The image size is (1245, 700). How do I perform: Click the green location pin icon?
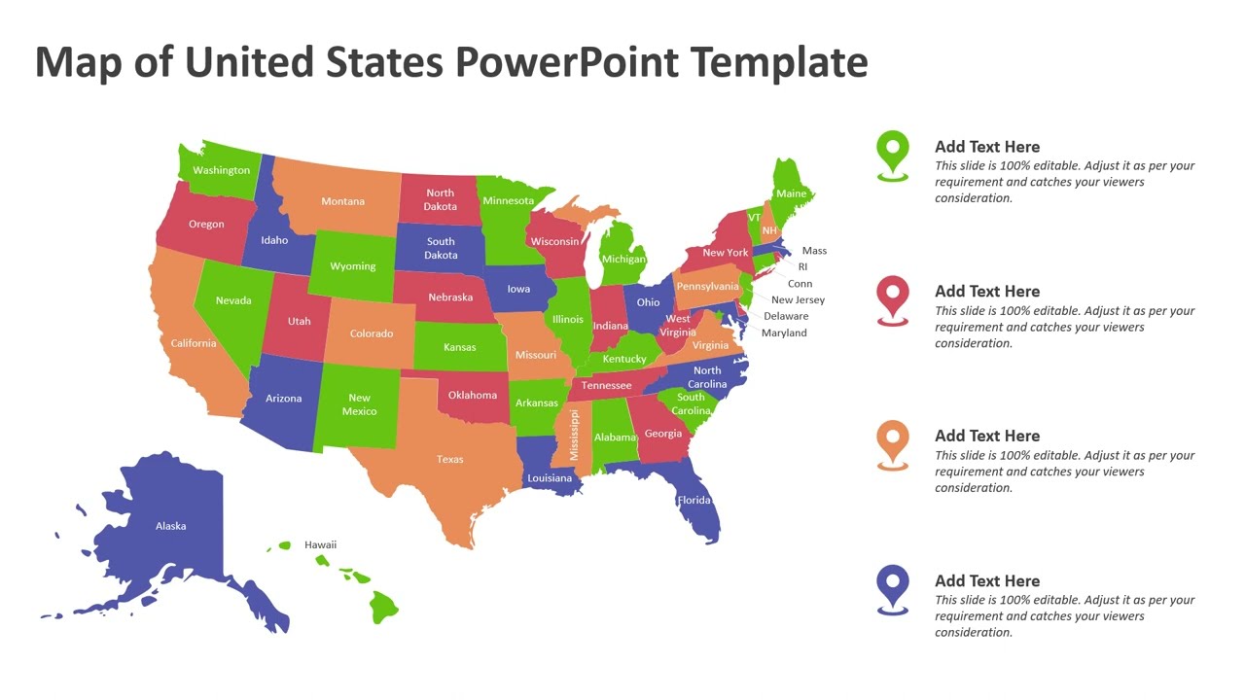[x=892, y=153]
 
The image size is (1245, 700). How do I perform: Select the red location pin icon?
[x=892, y=297]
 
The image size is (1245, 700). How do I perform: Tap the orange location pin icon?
[x=892, y=442]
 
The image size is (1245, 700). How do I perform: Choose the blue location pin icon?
[x=892, y=587]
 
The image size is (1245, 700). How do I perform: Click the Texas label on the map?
[x=449, y=459]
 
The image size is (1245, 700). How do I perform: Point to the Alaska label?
[x=170, y=526]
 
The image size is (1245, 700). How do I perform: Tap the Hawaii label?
[x=320, y=544]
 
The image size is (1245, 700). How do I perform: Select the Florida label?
[x=694, y=501]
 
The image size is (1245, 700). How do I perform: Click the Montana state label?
[x=342, y=201]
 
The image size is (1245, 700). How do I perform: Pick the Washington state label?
[x=221, y=170]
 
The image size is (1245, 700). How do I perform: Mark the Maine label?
[x=791, y=193]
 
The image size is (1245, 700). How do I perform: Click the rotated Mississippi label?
[x=574, y=435]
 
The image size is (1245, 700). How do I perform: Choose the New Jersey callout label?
[x=798, y=300]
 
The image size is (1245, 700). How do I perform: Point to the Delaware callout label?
[x=786, y=316]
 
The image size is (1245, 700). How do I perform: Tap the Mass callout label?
[x=814, y=251]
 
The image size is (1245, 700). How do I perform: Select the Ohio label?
[x=648, y=302]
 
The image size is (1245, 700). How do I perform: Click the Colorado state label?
[x=372, y=333]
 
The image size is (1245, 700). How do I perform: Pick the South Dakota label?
[x=441, y=248]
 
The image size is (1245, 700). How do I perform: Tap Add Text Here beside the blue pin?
[x=987, y=580]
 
